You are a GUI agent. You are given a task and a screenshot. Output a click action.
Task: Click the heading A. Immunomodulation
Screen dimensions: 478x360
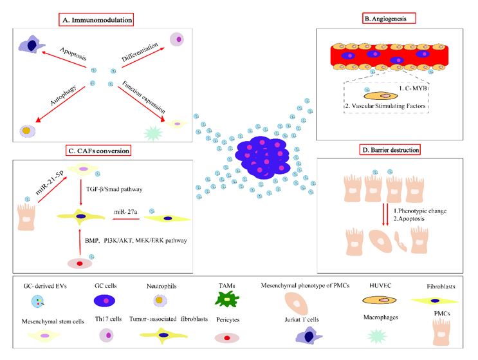[96, 20]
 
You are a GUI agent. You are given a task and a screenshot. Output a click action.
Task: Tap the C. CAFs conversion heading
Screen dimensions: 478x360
[98, 151]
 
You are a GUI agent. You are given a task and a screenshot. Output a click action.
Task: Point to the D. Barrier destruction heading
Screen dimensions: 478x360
[391, 150]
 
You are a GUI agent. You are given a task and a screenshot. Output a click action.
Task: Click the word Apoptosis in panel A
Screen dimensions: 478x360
[73, 53]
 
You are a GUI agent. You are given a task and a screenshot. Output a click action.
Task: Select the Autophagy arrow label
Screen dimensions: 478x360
[63, 95]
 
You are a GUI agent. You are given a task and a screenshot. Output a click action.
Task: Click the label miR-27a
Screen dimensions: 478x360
[125, 212]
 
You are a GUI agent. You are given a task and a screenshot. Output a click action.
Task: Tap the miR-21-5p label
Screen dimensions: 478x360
[50, 182]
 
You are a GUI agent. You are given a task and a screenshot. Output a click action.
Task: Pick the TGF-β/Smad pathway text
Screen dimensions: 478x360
[115, 189]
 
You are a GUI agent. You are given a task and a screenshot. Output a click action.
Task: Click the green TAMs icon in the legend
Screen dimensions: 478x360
[227, 299]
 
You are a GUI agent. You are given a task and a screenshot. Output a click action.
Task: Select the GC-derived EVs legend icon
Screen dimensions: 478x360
[38, 301]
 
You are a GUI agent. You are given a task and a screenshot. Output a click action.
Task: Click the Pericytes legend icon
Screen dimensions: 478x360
[227, 337]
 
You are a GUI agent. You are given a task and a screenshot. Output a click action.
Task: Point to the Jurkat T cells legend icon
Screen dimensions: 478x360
[309, 336]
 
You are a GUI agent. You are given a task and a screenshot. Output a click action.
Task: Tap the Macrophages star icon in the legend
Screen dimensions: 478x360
[377, 336]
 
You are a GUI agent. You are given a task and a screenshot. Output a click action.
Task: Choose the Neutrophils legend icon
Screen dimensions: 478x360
[160, 301]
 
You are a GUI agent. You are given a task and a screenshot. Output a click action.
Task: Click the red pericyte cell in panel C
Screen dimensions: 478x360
[80, 263]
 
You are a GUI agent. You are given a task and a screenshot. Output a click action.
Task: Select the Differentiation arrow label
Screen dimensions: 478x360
[140, 52]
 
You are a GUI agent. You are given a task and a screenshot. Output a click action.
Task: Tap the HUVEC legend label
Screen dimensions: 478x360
[380, 285]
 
